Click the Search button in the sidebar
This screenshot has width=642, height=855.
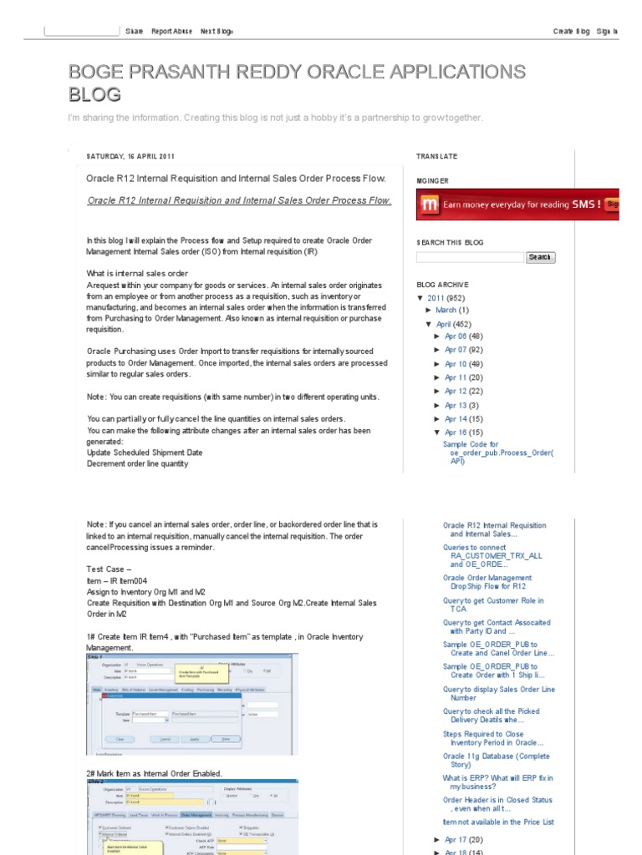pos(540,257)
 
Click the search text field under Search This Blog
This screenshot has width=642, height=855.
pos(470,257)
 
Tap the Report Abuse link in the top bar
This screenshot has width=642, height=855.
pos(171,31)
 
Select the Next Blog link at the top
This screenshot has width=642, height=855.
pos(217,31)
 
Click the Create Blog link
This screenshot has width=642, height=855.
pos(571,31)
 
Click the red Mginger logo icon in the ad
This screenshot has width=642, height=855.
pos(430,204)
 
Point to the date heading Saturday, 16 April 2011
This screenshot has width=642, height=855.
pos(130,156)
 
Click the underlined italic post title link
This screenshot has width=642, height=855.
pos(239,200)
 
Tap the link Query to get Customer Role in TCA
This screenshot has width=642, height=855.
pos(493,605)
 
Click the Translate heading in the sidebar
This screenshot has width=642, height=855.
pos(436,156)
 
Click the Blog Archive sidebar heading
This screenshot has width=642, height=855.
pos(443,284)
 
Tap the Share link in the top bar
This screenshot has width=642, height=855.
pos(134,31)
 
